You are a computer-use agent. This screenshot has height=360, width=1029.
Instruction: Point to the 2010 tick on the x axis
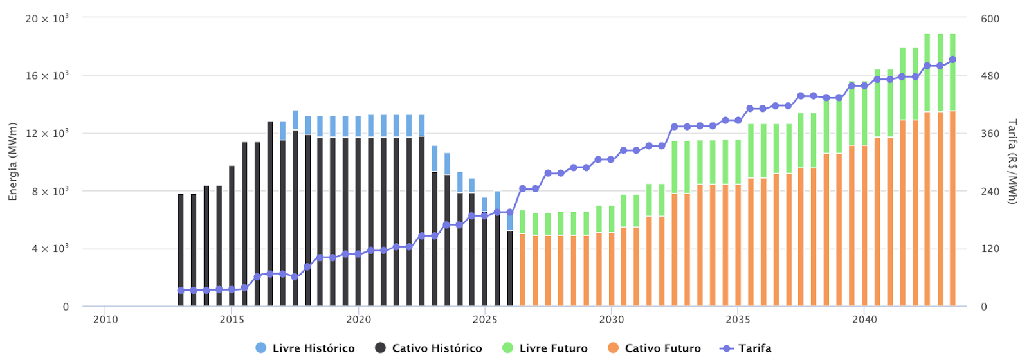(x=105, y=319)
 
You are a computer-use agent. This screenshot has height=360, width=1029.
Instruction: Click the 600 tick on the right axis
(x=990, y=19)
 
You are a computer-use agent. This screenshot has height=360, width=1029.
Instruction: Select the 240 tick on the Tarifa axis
(x=990, y=192)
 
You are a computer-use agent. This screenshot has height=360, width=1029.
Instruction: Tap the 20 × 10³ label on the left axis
(x=47, y=19)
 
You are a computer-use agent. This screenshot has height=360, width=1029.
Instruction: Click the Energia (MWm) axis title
(x=13, y=162)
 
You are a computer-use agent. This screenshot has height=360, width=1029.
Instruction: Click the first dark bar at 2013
(x=181, y=251)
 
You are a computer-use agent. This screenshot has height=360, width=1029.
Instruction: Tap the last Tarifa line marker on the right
(x=952, y=59)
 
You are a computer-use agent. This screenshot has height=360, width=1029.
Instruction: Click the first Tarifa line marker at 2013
(x=181, y=290)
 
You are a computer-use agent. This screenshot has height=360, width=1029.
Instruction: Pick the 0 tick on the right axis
(x=984, y=307)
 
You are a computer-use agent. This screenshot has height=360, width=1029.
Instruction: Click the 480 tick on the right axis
(x=990, y=76)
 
